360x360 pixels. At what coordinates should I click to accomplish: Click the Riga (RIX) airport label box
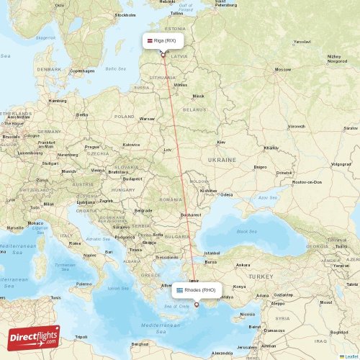(165, 41)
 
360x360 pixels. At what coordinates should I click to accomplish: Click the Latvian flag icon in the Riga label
(152, 41)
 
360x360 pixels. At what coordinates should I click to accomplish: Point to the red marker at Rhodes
(196, 305)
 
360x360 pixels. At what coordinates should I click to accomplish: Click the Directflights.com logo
(34, 338)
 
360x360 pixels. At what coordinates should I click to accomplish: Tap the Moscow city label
(282, 70)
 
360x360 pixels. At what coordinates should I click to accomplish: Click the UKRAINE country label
(221, 159)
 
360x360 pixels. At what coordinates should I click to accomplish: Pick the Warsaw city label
(148, 118)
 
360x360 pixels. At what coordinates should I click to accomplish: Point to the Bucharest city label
(192, 215)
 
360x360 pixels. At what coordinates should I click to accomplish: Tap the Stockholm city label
(125, 14)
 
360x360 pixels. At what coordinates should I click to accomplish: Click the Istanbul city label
(212, 253)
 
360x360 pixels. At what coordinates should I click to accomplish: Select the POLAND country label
(125, 116)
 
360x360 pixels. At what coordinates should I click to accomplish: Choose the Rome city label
(74, 243)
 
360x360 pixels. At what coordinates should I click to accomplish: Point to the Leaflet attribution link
(351, 356)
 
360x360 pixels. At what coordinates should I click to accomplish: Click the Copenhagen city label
(82, 71)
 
